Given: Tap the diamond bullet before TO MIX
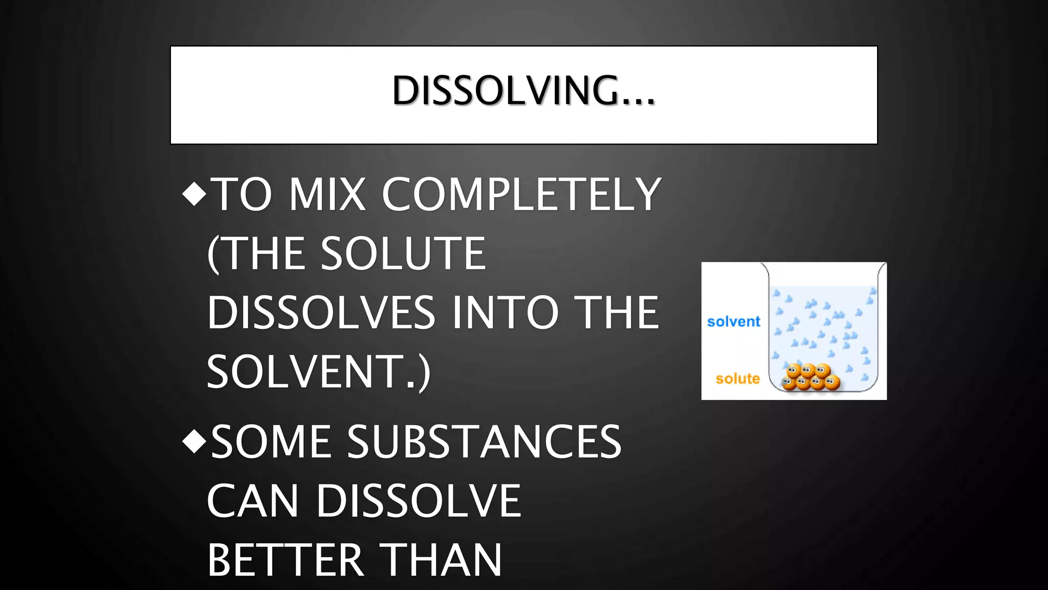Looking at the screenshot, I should [x=194, y=194].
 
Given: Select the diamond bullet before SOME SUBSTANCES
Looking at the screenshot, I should [x=194, y=441].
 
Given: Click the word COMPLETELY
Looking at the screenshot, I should [x=521, y=194].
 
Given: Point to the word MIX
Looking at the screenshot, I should [x=327, y=194].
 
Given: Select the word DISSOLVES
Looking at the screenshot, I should [x=321, y=312].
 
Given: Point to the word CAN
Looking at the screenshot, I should [x=253, y=501].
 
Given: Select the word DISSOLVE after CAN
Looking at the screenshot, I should [x=419, y=501].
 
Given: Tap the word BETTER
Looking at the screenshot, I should [x=286, y=560].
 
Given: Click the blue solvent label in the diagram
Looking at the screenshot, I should [x=733, y=322].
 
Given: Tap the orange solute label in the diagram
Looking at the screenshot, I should [x=737, y=378].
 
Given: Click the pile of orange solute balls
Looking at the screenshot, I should [x=811, y=377].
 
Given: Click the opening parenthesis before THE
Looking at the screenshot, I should [x=213, y=254].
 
